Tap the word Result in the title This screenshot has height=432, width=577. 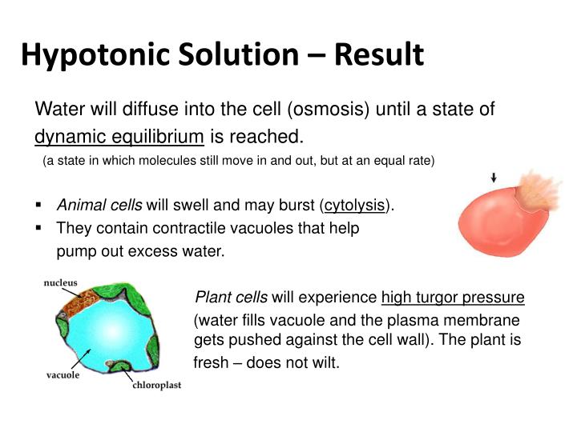378,54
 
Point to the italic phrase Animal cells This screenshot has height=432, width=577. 99,205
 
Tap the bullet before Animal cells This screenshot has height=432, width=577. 39,205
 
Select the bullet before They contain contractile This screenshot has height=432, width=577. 39,228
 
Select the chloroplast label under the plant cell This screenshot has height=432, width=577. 156,386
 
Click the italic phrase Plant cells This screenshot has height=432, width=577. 232,298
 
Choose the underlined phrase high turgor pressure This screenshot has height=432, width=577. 453,298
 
